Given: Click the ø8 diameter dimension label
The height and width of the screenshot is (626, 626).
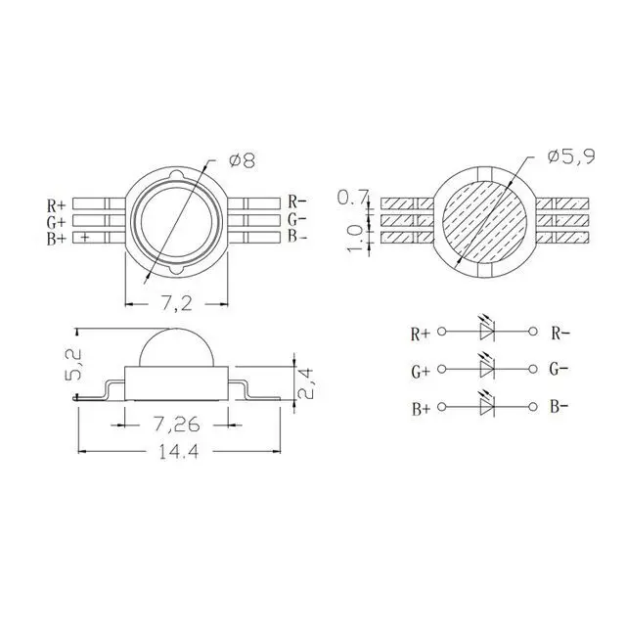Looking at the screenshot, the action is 242,160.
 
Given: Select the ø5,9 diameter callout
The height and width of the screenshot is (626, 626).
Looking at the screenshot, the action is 571,156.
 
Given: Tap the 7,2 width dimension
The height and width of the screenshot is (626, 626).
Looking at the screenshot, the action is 177,304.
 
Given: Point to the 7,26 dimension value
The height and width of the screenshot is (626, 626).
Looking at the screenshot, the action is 176,425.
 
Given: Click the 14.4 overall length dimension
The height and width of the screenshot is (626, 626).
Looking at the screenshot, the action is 178,452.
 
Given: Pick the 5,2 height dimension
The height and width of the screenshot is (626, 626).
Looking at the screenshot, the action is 73,364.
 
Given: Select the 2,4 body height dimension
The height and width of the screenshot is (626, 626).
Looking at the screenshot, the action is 306,383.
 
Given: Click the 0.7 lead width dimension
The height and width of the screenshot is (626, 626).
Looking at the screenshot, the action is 352,198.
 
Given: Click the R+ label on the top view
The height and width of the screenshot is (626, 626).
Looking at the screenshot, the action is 56,205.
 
